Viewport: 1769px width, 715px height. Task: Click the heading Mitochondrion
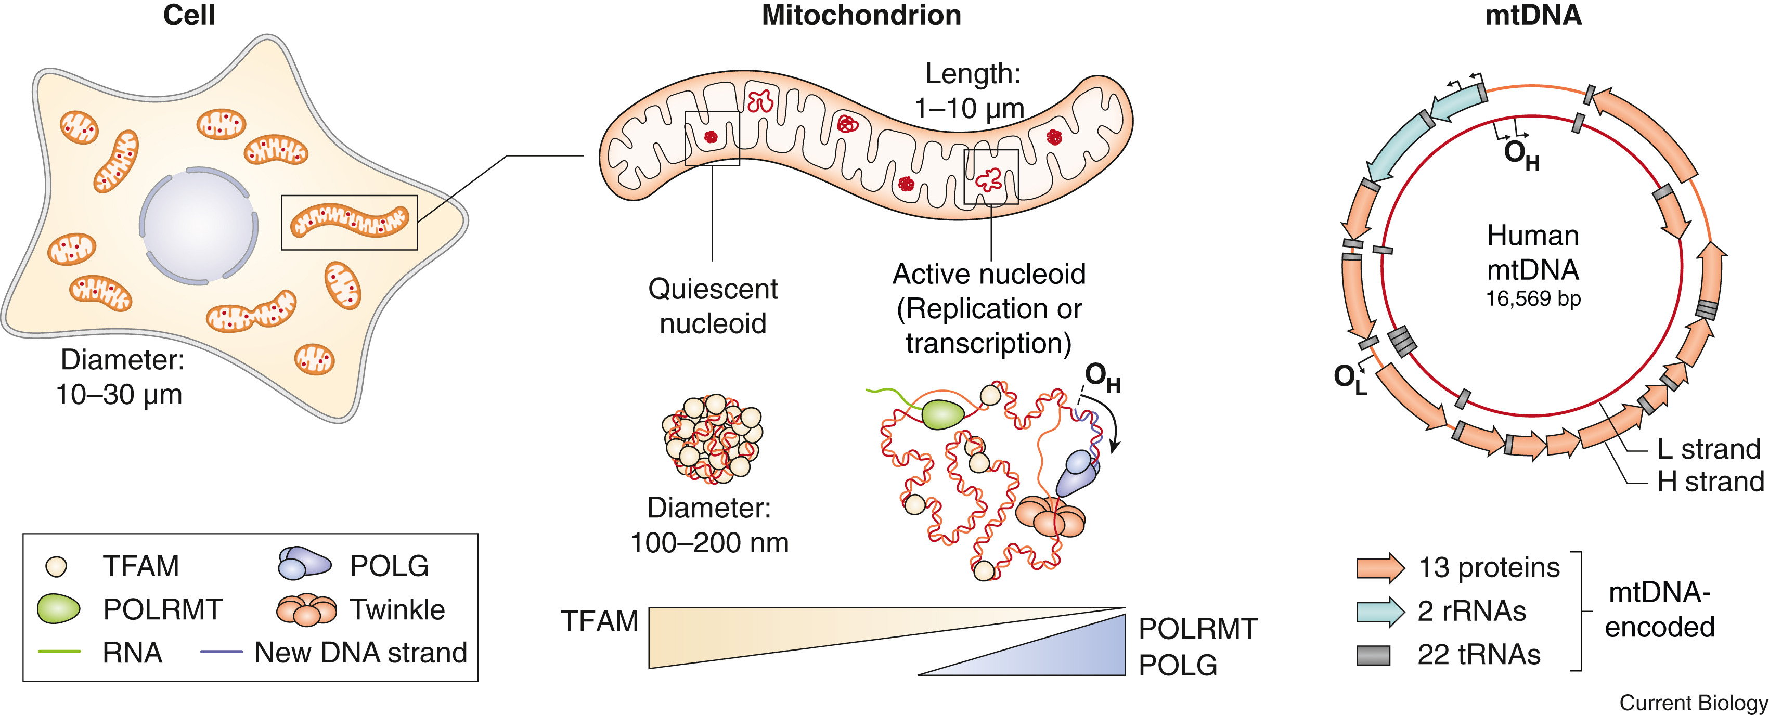(861, 16)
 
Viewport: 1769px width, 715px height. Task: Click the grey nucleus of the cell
(199, 225)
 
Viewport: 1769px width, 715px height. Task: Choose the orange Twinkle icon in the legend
(306, 609)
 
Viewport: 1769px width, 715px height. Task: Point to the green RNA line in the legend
(60, 651)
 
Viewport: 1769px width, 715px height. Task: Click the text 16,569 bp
(1533, 299)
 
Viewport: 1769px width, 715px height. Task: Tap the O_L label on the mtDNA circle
(1349, 379)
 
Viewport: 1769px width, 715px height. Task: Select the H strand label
(1710, 482)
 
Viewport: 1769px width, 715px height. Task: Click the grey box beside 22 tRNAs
(1373, 655)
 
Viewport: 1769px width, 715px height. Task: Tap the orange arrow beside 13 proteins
(1379, 568)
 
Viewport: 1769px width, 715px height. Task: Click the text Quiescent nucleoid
(713, 306)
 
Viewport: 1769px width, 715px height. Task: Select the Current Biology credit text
(1693, 703)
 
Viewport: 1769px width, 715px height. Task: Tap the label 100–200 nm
(709, 542)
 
